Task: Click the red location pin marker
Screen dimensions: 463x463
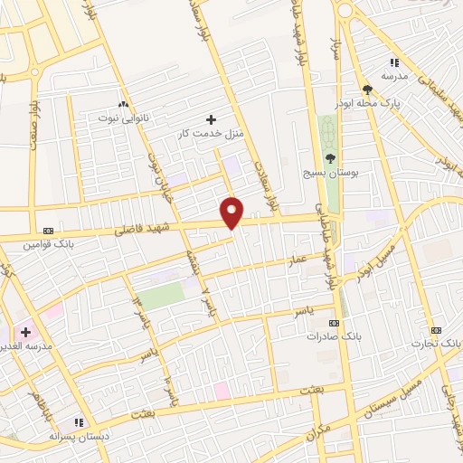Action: click(232, 213)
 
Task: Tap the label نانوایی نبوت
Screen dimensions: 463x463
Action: click(128, 118)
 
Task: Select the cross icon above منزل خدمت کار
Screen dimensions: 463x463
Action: click(212, 118)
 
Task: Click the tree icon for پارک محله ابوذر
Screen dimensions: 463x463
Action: click(367, 89)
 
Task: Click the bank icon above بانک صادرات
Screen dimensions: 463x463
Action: click(334, 323)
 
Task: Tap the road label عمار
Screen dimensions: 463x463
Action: click(298, 260)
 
